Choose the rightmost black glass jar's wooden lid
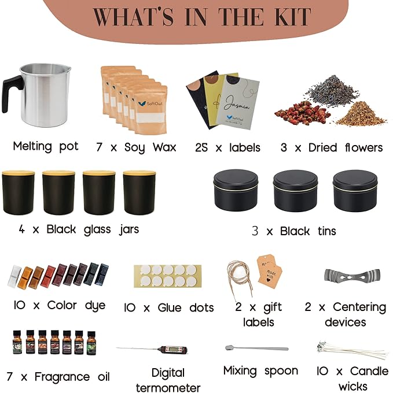pos(139,173)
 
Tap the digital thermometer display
pos(171,350)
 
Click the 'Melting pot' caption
pos(45,146)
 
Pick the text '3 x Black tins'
pos(293,231)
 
